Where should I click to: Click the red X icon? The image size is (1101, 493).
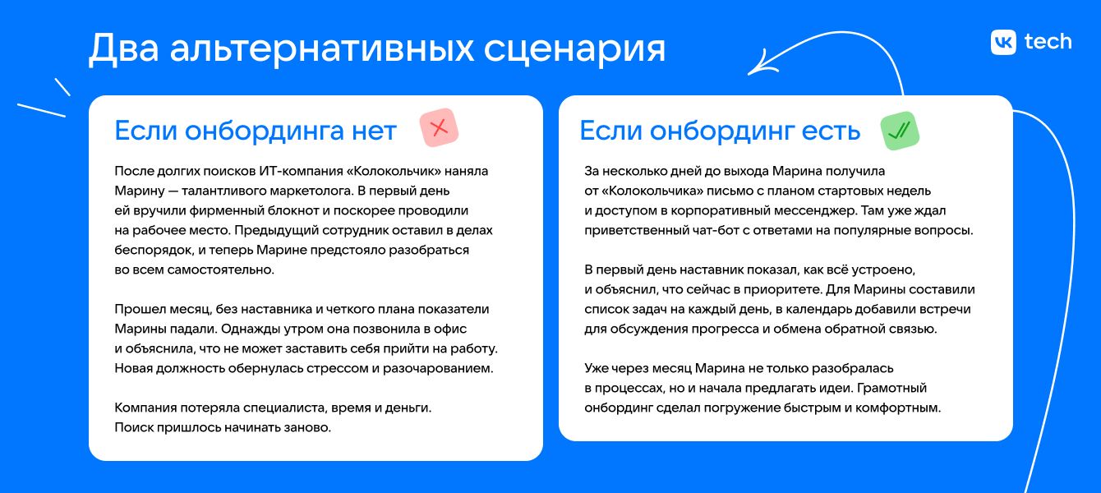click(439, 128)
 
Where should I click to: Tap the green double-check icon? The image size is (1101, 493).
click(900, 131)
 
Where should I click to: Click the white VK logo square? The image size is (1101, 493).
click(1004, 42)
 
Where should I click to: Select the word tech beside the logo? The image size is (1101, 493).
click(1048, 41)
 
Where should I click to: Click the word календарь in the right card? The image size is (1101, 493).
click(822, 309)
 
